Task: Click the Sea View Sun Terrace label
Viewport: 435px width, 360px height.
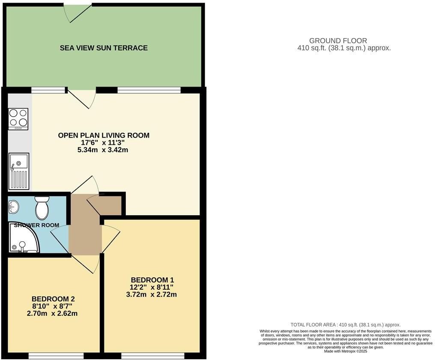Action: tap(104, 48)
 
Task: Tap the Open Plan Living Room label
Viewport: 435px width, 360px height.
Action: tap(104, 135)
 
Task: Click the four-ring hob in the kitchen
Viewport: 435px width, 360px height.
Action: tap(18, 119)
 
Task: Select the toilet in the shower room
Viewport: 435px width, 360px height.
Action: tap(42, 208)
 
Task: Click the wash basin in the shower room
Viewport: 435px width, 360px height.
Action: tap(13, 207)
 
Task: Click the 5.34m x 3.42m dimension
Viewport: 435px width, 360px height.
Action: tap(104, 150)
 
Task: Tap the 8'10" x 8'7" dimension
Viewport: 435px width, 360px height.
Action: tap(50, 306)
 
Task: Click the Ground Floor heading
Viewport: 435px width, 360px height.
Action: tap(344, 41)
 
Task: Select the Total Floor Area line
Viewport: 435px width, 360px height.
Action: tap(345, 325)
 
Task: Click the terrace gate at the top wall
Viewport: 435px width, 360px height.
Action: tap(77, 12)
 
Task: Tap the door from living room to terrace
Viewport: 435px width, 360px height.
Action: tap(83, 98)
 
